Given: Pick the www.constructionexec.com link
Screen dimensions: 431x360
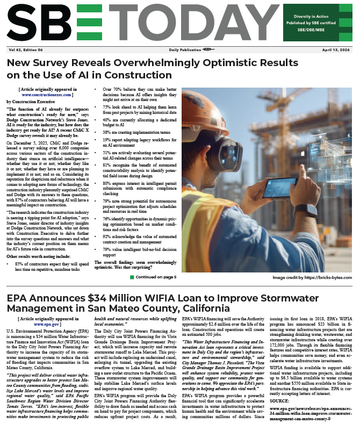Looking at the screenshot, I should click(46, 94).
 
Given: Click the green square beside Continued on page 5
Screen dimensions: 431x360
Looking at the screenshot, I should click(132, 277).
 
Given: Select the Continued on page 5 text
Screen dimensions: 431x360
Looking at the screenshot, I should click(156, 277).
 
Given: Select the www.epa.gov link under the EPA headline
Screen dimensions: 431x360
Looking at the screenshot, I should click(46, 325).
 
